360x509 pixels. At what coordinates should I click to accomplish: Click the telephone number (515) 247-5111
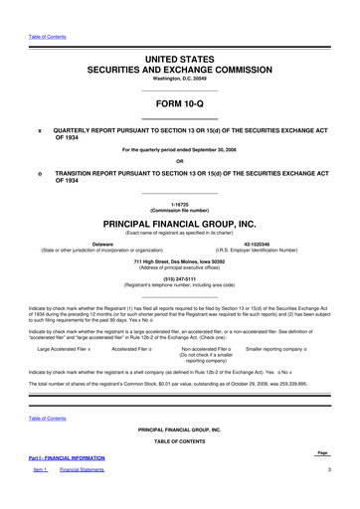(179, 279)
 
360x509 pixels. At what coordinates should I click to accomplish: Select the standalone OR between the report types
(179, 161)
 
